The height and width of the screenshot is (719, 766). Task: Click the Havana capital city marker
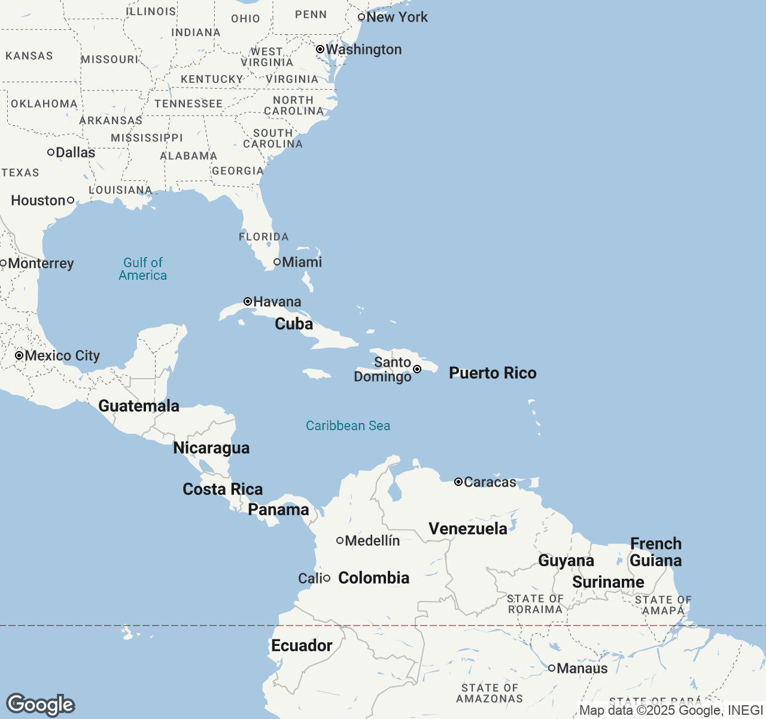[x=248, y=301]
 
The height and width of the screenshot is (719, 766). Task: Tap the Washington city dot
[x=320, y=49]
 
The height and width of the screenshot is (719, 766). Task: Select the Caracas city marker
[x=458, y=482]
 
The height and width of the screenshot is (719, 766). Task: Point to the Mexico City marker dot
[x=19, y=355]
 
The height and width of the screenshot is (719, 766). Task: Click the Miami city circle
[x=277, y=262]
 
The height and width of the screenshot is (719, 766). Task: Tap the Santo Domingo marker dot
[x=417, y=369]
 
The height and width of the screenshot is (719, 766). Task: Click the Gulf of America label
[x=143, y=269]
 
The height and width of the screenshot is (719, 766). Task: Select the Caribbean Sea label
[x=348, y=426]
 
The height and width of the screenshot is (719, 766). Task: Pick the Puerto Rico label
[x=493, y=373]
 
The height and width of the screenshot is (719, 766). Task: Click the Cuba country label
[x=294, y=324]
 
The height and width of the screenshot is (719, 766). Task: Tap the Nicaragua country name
[x=211, y=448]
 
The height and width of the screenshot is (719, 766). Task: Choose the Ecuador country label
[x=302, y=646]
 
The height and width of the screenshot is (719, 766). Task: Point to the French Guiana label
[x=656, y=552]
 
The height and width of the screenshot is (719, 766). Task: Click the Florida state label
[x=263, y=237]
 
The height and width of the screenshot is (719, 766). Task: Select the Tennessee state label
[x=189, y=104]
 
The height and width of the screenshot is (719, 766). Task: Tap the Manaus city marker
[x=552, y=668]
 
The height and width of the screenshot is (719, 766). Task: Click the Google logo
[x=40, y=705]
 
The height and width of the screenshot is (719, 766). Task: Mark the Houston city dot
[x=71, y=200]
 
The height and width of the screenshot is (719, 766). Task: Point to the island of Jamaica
[x=317, y=374]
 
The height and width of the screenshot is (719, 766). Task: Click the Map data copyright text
[x=670, y=711]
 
